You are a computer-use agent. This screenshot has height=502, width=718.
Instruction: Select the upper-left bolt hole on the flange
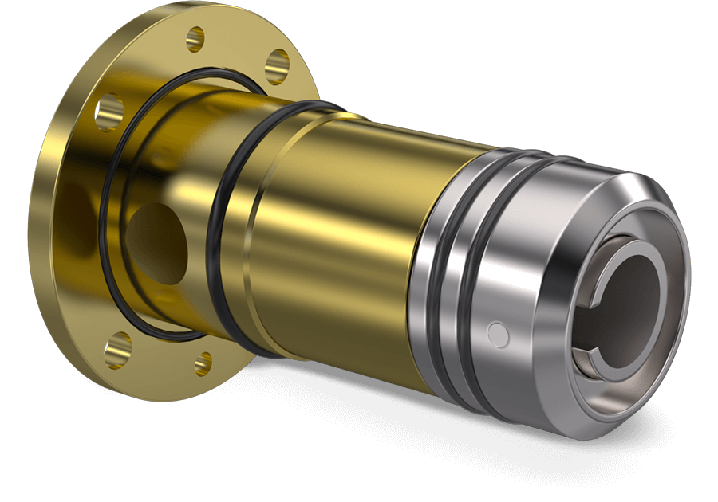pos(110,113)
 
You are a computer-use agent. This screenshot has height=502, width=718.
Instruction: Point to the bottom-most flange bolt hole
pos(204,363)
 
